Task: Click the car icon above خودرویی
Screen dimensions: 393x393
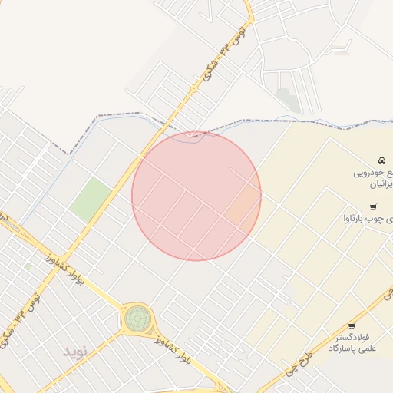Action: tap(381, 161)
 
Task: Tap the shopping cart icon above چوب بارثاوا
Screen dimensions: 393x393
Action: tap(373, 207)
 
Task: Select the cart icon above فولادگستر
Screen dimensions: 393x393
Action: tap(352, 325)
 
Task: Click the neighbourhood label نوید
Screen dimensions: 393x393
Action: tap(76, 351)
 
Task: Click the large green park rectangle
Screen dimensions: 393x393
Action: tap(91, 199)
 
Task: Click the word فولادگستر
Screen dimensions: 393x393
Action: tap(353, 337)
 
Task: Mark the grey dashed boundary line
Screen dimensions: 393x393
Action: tap(307, 121)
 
